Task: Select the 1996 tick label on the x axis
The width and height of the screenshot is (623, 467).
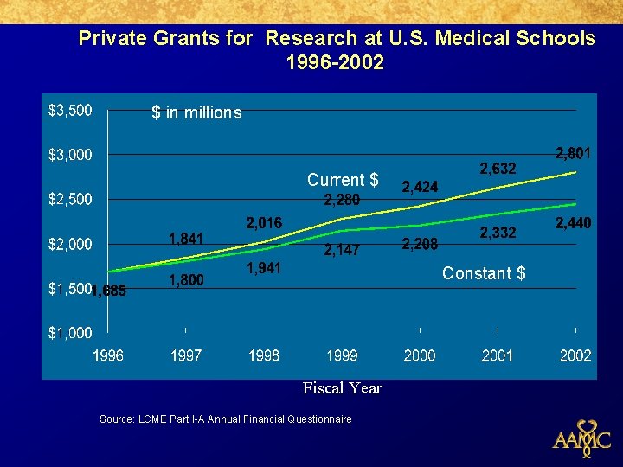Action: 108,355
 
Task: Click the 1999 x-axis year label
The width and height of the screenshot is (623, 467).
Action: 342,355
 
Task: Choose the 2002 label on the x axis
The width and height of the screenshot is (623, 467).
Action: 575,355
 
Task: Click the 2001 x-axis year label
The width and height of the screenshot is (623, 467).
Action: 498,355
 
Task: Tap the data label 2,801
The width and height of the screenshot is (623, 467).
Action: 574,154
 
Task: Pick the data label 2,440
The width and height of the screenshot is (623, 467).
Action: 574,224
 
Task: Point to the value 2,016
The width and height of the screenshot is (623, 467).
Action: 264,224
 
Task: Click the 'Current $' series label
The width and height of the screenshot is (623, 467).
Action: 343,180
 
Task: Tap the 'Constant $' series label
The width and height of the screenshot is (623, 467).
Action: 484,273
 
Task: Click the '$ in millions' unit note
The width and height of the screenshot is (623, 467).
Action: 196,112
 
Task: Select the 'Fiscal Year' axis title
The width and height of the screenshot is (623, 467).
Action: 342,388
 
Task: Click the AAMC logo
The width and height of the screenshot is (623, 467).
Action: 582,437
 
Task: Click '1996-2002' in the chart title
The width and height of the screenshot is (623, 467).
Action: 335,62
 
